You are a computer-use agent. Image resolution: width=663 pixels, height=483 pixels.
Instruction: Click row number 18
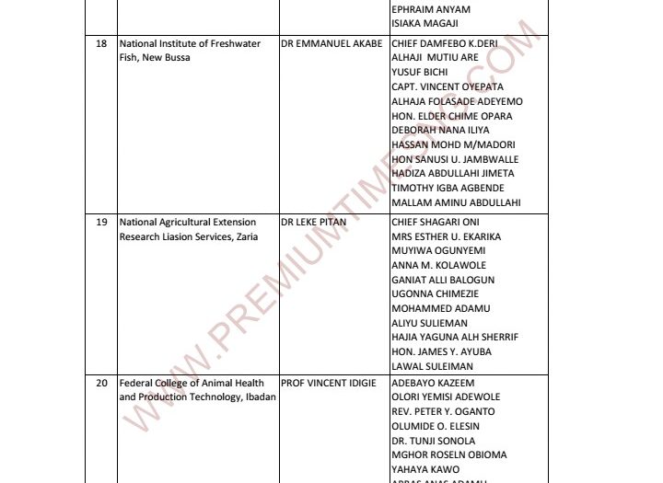(x=101, y=44)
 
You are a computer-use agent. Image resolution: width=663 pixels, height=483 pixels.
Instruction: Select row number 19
(x=101, y=223)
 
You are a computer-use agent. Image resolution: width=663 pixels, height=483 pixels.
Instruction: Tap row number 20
(x=101, y=384)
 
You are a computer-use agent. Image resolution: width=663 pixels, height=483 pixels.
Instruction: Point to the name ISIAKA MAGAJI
(x=425, y=23)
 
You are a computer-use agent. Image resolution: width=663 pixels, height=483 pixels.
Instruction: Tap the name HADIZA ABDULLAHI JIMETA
(x=453, y=173)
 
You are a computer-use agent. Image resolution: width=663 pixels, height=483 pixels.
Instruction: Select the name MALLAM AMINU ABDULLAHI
(x=456, y=202)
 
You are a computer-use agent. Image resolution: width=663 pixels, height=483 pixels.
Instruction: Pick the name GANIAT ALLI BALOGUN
(x=443, y=280)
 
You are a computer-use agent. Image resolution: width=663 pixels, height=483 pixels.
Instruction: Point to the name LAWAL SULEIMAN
(x=432, y=366)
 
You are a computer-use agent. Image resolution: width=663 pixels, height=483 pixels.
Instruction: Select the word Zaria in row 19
(x=243, y=236)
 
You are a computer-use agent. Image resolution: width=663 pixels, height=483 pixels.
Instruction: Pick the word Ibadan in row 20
(x=259, y=397)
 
